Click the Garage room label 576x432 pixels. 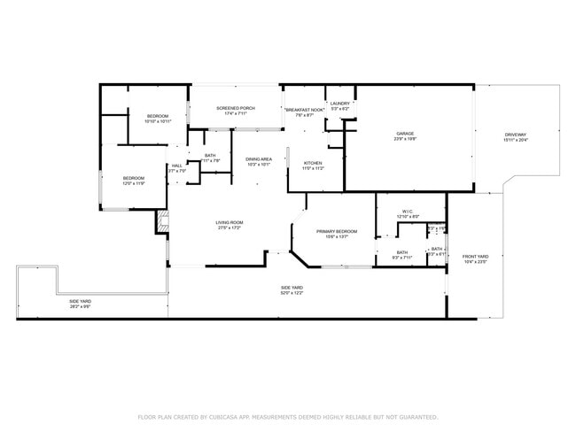[405, 134]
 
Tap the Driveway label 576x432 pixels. [515, 135]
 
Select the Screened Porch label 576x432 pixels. [236, 108]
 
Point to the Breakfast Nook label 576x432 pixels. [299, 109]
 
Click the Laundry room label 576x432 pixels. [340, 104]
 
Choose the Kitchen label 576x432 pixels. [313, 163]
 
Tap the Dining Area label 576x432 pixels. [259, 158]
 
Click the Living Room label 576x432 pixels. [229, 222]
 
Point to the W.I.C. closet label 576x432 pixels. [408, 211]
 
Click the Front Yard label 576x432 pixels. [475, 257]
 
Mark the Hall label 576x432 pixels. [177, 166]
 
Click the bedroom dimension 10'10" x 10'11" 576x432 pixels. [157, 121]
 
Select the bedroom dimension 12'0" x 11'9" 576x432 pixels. [133, 182]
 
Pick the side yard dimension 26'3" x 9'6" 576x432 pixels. [81, 306]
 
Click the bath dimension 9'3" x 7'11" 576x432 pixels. [402, 258]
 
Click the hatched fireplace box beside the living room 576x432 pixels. [162, 222]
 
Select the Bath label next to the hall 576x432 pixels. [210, 155]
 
